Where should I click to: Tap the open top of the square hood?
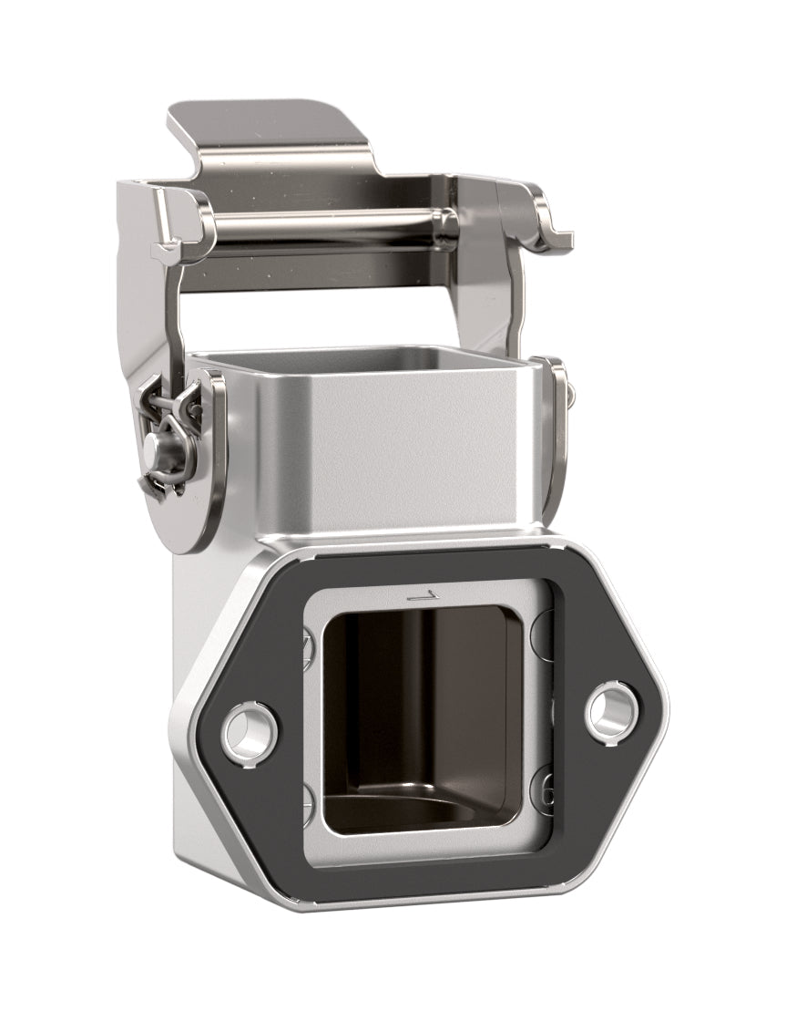(364, 361)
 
